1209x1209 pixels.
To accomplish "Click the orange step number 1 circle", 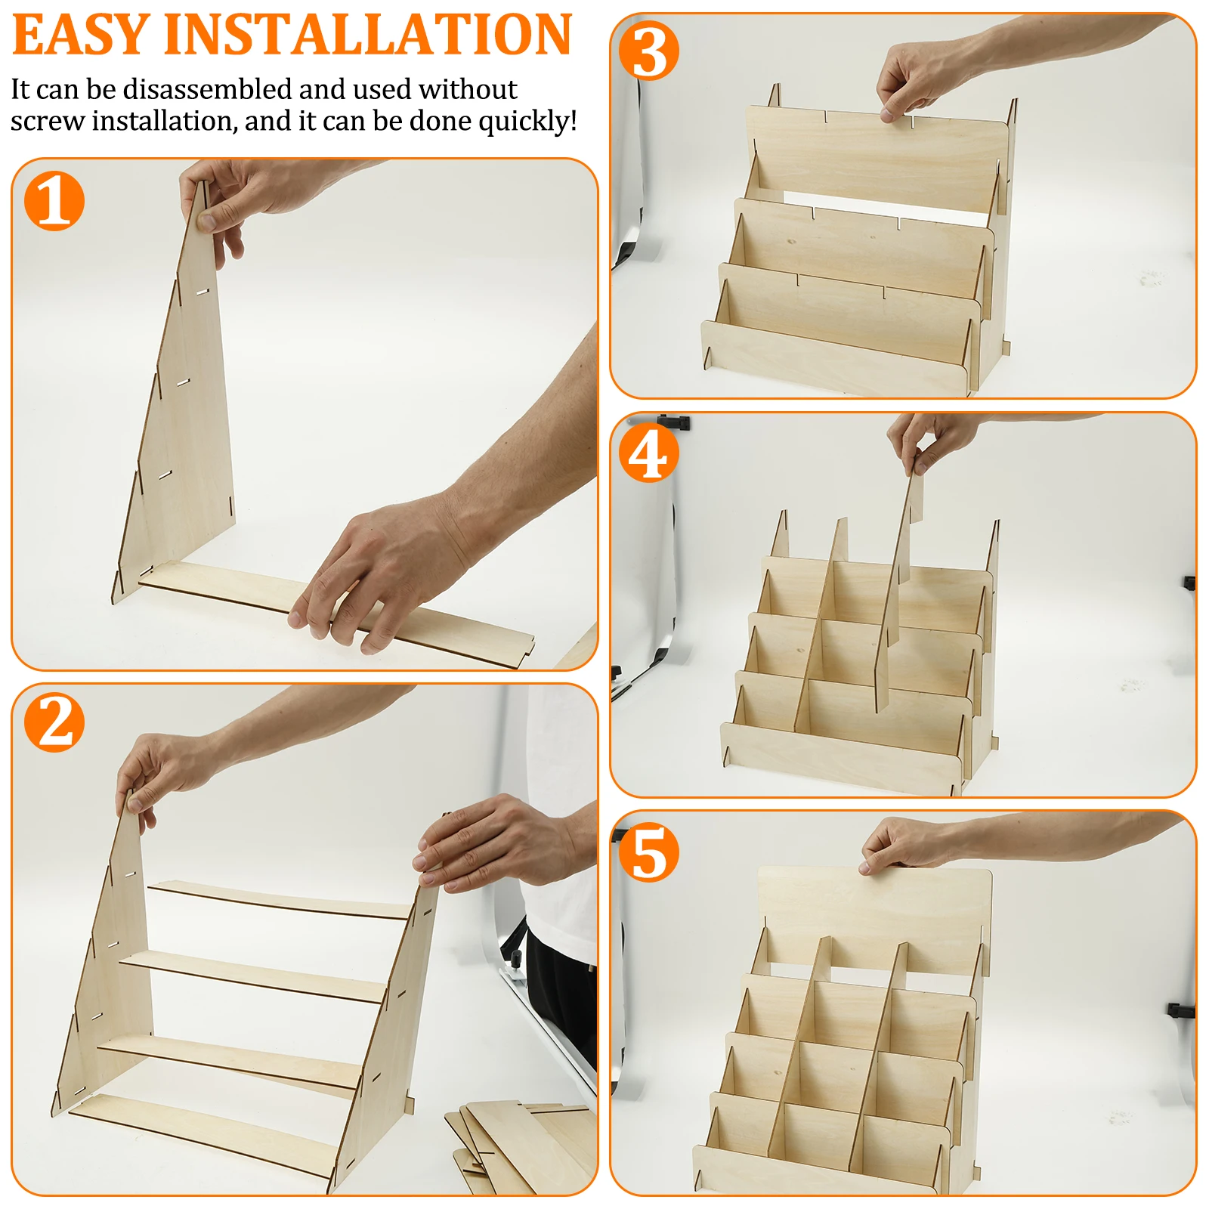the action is [x=54, y=200].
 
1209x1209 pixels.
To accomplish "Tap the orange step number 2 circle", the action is [x=54, y=722].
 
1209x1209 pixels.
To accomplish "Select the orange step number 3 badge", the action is [x=648, y=51].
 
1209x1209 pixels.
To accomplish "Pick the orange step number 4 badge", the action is [x=648, y=453].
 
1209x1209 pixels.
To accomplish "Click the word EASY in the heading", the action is [x=81, y=35].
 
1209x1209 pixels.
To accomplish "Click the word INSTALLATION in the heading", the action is [x=368, y=35].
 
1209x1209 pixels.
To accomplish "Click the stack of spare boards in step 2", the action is [x=521, y=1149].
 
